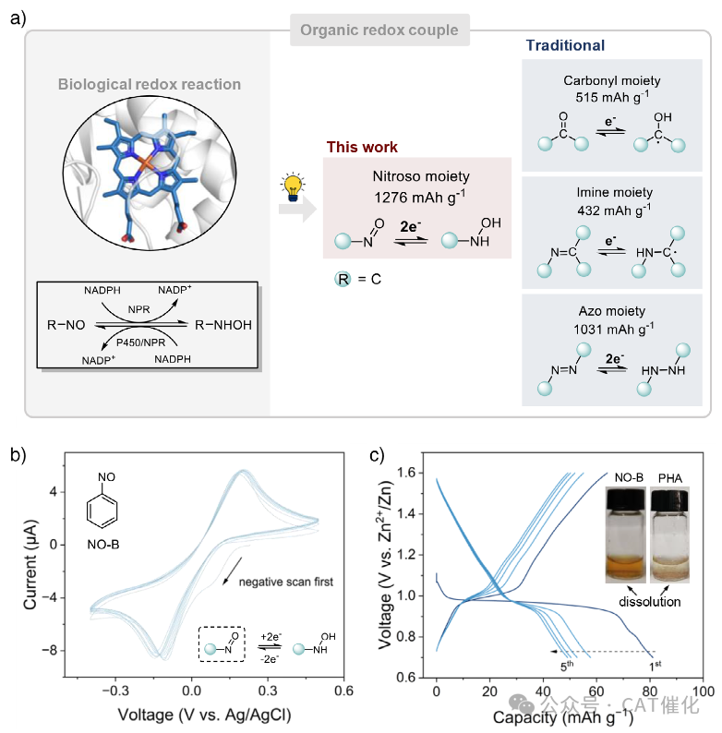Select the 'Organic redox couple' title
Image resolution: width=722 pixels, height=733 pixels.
(379, 30)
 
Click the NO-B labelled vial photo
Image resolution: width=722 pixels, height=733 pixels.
(627, 535)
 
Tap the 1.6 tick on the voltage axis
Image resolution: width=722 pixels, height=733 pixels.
(412, 474)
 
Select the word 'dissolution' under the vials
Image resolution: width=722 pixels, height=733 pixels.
(647, 601)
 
